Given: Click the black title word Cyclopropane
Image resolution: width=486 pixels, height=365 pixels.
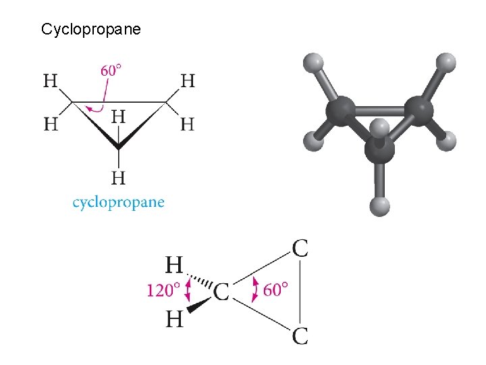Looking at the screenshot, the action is [90, 29].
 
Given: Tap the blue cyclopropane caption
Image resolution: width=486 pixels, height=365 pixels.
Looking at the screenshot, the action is [118, 202].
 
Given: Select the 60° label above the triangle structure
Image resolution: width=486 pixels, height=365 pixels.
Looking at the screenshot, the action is [111, 70].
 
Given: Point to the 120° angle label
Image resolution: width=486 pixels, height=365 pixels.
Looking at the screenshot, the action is [163, 291].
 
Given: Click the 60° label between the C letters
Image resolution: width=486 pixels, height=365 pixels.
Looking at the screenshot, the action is [275, 290].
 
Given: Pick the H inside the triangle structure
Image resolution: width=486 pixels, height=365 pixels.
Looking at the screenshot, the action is [118, 116].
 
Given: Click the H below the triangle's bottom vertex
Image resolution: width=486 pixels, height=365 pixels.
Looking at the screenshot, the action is [118, 178].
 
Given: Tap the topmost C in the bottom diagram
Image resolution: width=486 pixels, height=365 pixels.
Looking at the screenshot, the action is [300, 249].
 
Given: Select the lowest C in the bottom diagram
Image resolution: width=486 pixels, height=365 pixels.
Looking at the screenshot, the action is [300, 335].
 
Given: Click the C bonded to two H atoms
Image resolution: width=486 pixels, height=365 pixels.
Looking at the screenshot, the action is [221, 292].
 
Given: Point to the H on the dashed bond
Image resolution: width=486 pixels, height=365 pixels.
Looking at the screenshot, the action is [175, 264].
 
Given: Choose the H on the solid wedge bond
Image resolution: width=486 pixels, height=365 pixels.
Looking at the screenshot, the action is [175, 318].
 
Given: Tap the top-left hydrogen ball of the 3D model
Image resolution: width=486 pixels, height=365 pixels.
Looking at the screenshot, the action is [312, 62].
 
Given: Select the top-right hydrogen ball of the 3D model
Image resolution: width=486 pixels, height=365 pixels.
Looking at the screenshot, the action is [445, 63].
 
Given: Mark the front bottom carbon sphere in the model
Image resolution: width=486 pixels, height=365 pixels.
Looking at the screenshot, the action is [379, 150].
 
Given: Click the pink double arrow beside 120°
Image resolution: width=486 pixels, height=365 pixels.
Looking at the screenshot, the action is [188, 291].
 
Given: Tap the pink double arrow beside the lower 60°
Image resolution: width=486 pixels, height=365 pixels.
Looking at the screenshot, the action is [254, 290].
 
